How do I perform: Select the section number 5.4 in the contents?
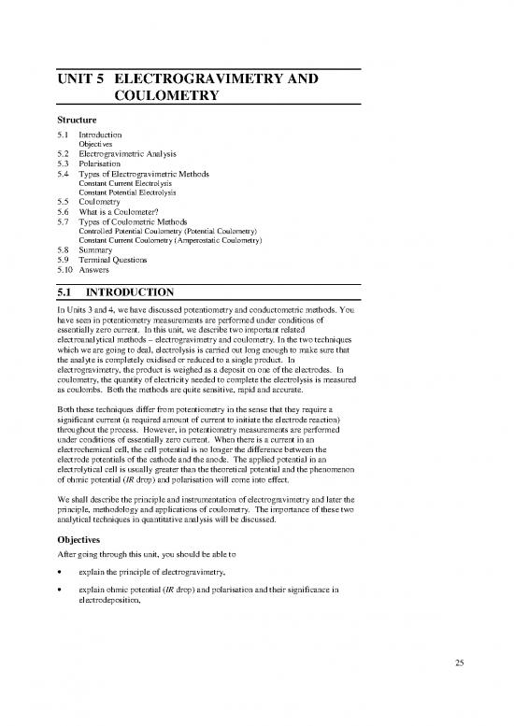(64, 171)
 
